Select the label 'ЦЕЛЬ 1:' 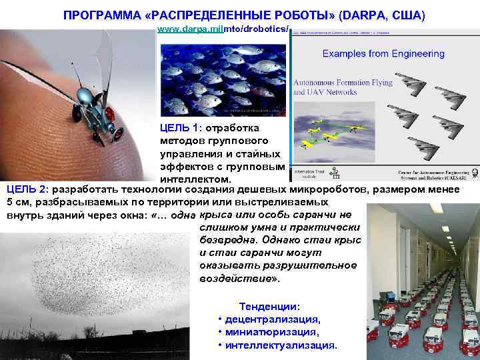(181, 127)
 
